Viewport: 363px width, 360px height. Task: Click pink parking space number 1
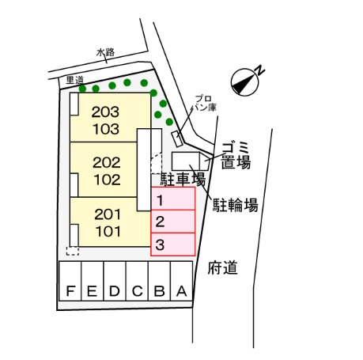(173, 199)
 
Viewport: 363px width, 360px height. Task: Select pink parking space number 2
(173, 222)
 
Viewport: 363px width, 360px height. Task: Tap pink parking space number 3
(173, 244)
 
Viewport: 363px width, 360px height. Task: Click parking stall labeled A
(182, 281)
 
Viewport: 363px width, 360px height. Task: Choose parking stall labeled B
(160, 281)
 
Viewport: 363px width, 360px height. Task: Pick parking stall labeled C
(137, 281)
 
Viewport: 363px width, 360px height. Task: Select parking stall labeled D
(115, 281)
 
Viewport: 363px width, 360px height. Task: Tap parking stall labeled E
(93, 281)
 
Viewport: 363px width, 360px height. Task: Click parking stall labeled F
(70, 281)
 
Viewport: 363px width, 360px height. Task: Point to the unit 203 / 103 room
(110, 117)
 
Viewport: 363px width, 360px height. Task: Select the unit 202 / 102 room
(104, 169)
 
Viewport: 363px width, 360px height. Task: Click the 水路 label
(105, 52)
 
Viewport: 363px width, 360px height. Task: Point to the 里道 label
(75, 80)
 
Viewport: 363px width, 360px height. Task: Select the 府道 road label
(223, 267)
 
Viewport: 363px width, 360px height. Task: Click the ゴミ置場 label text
(236, 156)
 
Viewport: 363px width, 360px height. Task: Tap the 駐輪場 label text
(236, 205)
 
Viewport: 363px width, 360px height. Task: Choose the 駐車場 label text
(183, 180)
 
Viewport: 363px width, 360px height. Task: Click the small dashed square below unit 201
(73, 251)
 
